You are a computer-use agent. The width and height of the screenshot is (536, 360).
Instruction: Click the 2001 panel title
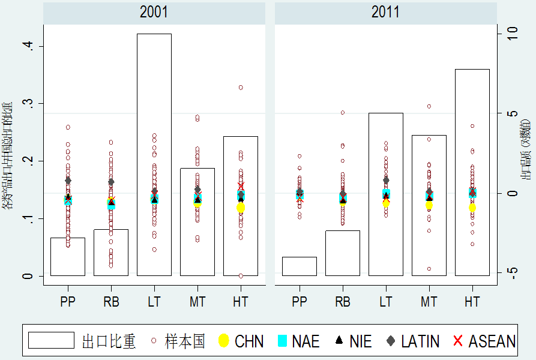pyautogui.click(x=154, y=12)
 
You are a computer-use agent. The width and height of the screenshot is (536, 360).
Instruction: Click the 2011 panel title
pyautogui.click(x=385, y=12)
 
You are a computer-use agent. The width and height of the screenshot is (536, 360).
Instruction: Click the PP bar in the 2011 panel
pyautogui.click(x=300, y=266)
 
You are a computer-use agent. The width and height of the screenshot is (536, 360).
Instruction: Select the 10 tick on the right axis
pyautogui.click(x=511, y=34)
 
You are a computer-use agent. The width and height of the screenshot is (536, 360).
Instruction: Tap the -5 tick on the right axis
pyautogui.click(x=511, y=271)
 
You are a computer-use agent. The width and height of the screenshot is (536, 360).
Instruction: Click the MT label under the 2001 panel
pyautogui.click(x=197, y=302)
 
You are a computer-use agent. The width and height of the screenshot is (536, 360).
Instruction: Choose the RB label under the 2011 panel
pyautogui.click(x=343, y=302)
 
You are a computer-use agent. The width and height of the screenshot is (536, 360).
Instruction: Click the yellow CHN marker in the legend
pyautogui.click(x=223, y=341)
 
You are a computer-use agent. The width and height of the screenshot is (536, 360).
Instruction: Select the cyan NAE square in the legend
pyautogui.click(x=283, y=341)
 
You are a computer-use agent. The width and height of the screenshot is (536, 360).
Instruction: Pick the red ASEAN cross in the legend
pyautogui.click(x=458, y=341)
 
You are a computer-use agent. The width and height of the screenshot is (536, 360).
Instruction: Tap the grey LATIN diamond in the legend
pyautogui.click(x=391, y=341)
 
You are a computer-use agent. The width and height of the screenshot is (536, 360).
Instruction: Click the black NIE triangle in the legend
pyautogui.click(x=339, y=341)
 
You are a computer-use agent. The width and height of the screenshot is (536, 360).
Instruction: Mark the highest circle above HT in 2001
pyautogui.click(x=241, y=88)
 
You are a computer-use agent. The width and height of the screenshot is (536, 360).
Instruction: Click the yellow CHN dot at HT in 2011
pyautogui.click(x=472, y=208)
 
